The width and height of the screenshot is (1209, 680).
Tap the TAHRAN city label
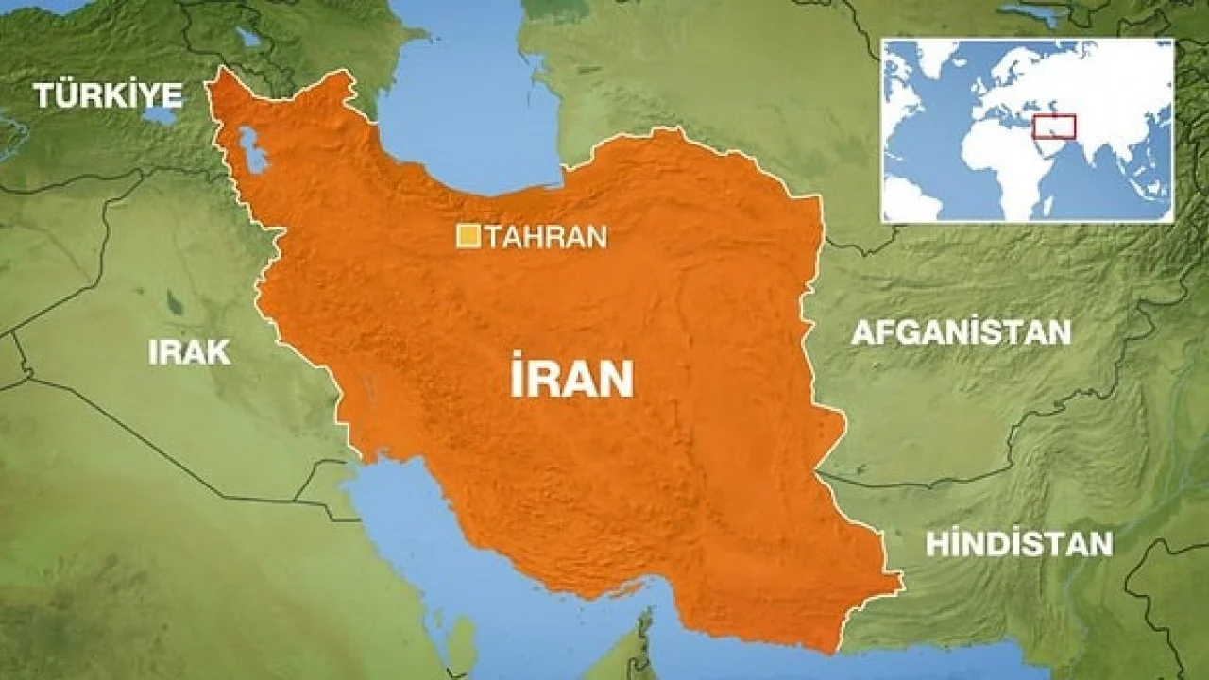tap(545, 237)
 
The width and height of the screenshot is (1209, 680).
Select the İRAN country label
tap(571, 379)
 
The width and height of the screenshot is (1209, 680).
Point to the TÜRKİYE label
tap(109, 94)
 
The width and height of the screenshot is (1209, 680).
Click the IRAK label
tap(189, 352)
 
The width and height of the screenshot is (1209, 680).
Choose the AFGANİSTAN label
tap(961, 332)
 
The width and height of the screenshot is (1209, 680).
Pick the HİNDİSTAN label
tap(1019, 544)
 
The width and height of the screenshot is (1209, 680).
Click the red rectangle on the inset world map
tap(1054, 127)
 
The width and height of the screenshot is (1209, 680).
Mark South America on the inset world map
tap(911, 198)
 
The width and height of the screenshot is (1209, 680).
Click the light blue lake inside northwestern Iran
tap(250, 148)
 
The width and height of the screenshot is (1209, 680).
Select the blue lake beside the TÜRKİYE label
tap(160, 116)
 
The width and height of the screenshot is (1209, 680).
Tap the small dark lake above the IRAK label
tap(175, 303)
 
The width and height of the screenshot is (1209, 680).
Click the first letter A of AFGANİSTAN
tap(862, 332)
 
